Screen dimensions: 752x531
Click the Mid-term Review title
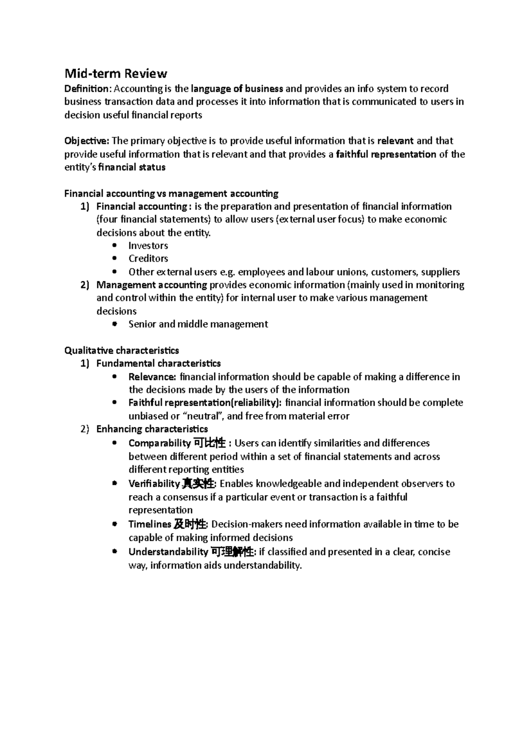[115, 73]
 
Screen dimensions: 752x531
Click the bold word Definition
[86, 89]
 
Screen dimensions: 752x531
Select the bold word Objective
[86, 141]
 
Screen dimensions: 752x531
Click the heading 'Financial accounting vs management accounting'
[171, 194]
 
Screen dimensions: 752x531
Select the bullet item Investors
[148, 245]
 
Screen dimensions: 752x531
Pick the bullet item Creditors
[148, 258]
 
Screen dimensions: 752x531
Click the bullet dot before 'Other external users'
[115, 271]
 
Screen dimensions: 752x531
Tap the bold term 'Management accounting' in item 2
[152, 285]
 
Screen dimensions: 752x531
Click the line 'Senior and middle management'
[198, 324]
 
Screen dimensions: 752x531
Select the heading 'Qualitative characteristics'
[122, 350]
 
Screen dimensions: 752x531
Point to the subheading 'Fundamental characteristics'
[158, 364]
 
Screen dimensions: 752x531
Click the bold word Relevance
[152, 377]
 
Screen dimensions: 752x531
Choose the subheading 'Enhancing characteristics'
[152, 429]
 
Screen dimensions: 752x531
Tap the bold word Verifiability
[154, 484]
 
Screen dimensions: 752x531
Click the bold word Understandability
[168, 552]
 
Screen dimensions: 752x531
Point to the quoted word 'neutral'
[204, 416]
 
